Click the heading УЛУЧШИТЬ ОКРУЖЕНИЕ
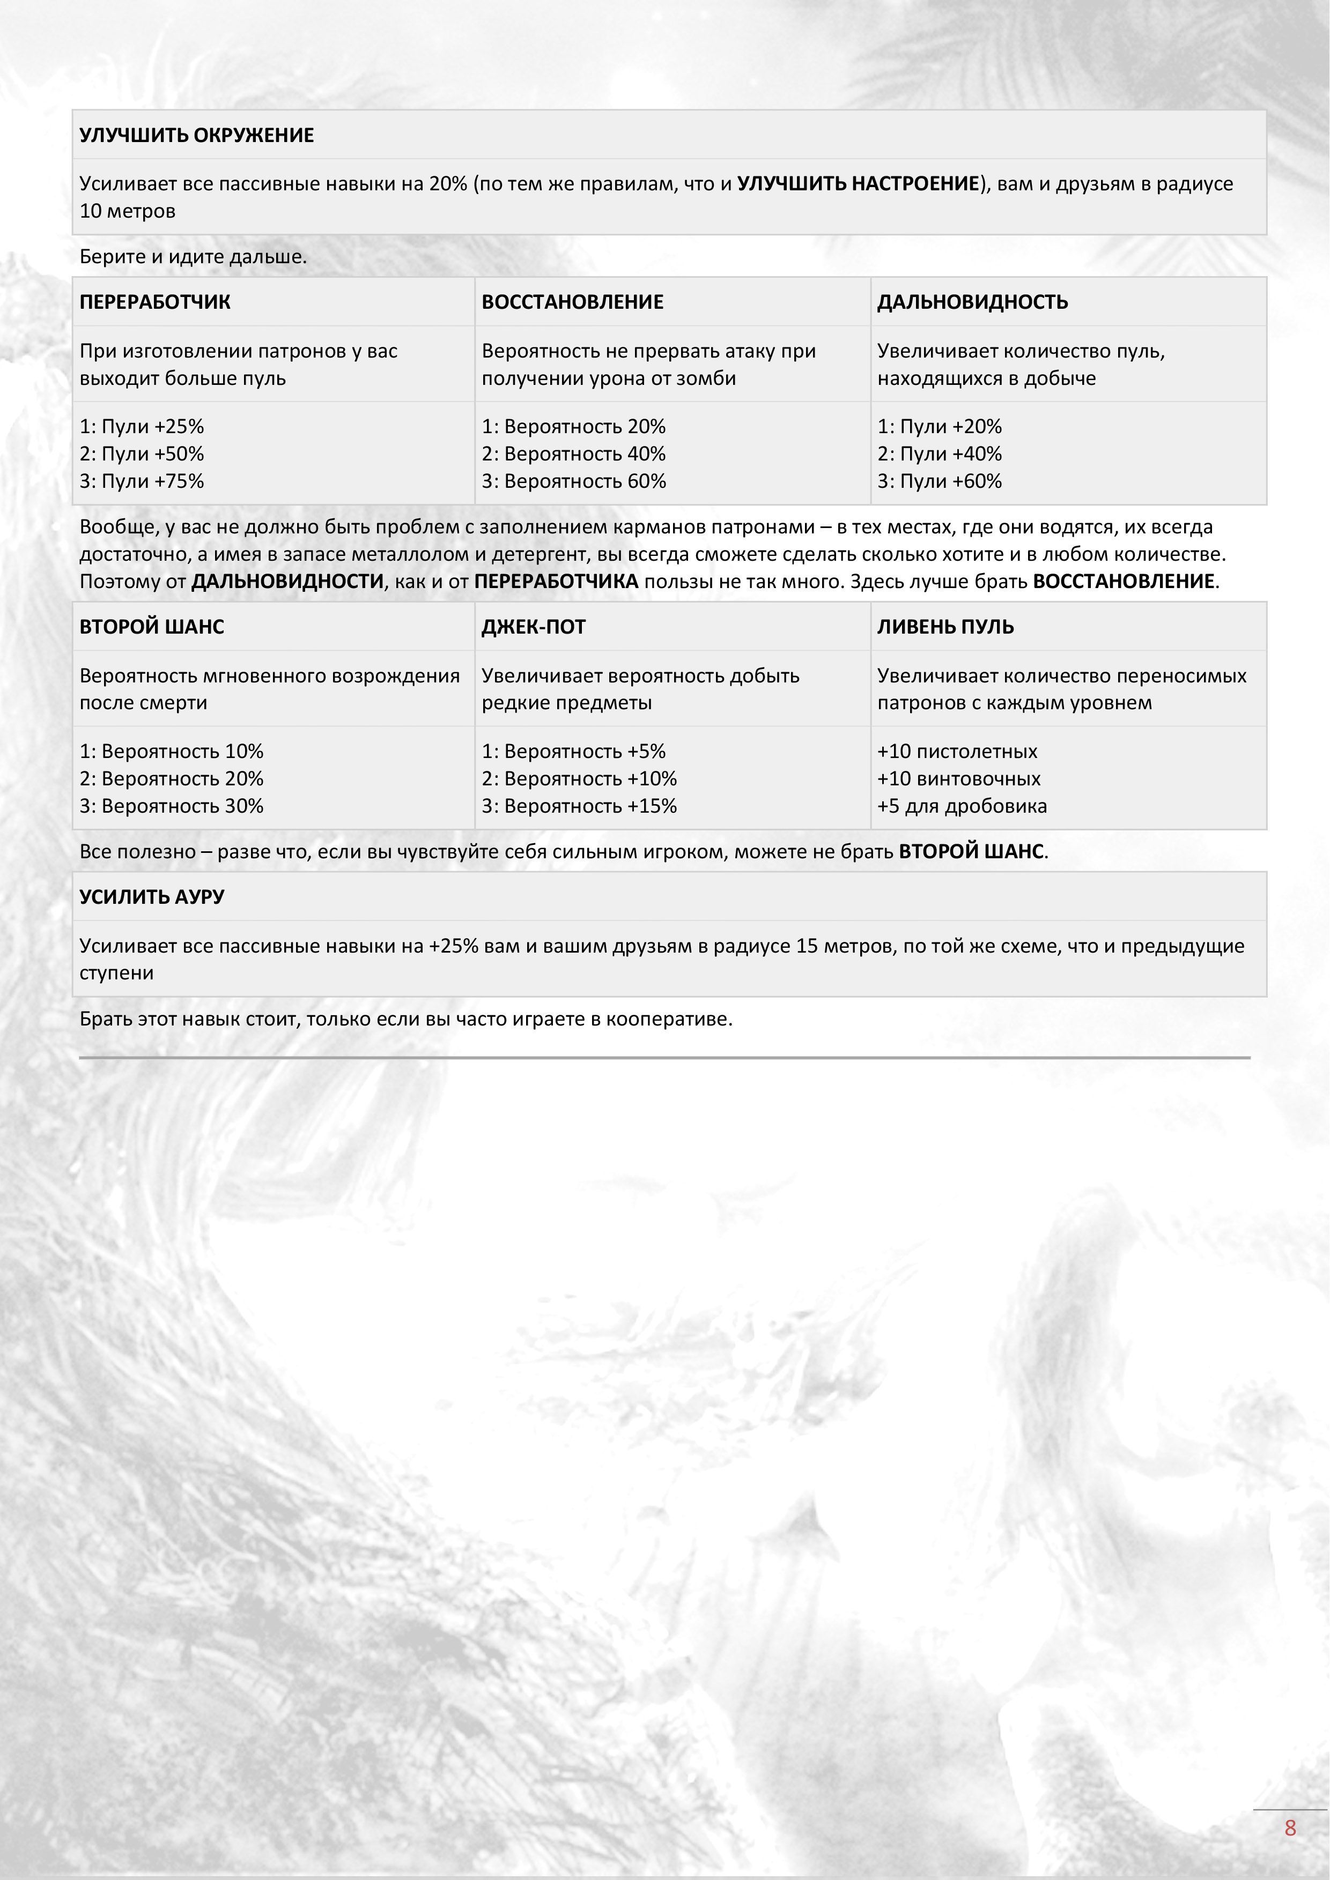point(197,135)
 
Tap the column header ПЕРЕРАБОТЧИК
point(155,302)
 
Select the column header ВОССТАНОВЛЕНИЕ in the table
point(572,302)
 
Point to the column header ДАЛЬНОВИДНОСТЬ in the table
point(972,302)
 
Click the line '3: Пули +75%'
point(142,481)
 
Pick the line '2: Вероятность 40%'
point(573,454)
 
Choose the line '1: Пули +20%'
point(940,427)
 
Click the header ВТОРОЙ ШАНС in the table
point(152,627)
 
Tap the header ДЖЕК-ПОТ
point(533,627)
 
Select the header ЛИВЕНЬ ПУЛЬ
point(945,627)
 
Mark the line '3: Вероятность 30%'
point(171,807)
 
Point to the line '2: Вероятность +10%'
point(579,779)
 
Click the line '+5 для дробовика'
point(962,807)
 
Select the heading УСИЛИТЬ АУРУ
point(152,897)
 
